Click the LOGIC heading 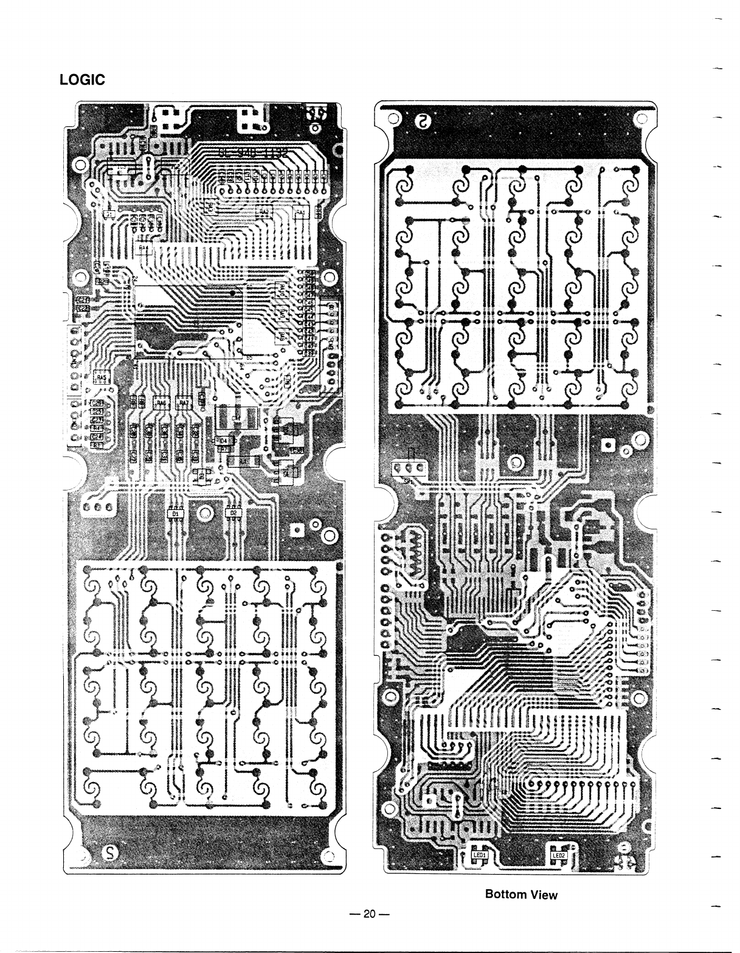(82, 80)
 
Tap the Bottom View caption (520, 894)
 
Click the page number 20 (369, 913)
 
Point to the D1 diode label (176, 514)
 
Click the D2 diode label (233, 514)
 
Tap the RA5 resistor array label (101, 377)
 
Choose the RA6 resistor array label (161, 402)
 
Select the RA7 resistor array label (183, 402)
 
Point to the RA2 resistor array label (265, 212)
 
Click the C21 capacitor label (83, 300)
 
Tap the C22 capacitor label (83, 308)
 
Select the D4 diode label (223, 439)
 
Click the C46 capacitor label (309, 302)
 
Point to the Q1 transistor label (109, 213)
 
